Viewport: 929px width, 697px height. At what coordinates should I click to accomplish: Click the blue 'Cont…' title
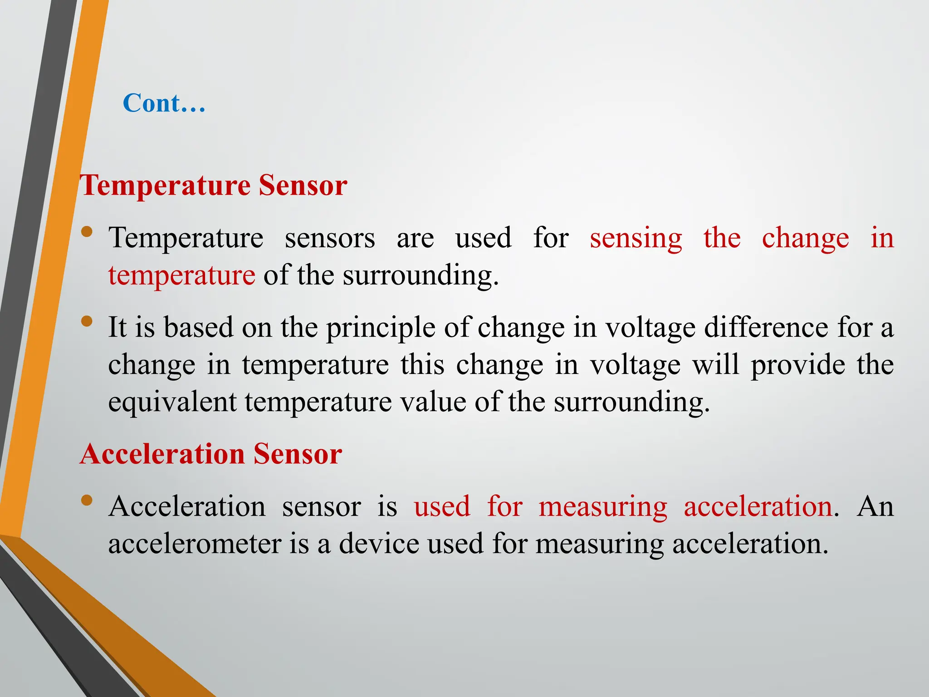(164, 103)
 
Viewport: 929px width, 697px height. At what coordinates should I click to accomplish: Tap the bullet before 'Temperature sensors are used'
(87, 232)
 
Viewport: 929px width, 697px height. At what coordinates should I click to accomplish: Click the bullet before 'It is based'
(87, 322)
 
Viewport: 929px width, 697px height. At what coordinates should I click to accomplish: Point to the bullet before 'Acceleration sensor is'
(87, 501)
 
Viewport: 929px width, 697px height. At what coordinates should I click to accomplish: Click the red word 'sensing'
(636, 239)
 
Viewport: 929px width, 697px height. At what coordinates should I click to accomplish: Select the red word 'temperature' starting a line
(181, 275)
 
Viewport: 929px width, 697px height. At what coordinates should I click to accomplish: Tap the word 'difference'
(766, 327)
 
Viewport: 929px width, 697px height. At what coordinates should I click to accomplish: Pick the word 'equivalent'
(172, 402)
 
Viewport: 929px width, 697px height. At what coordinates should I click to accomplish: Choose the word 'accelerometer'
(195, 544)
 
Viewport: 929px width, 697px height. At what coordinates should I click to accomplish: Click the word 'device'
(379, 544)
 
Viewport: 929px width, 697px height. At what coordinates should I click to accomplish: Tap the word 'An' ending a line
(875, 506)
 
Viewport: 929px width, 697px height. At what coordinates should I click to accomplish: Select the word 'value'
(433, 402)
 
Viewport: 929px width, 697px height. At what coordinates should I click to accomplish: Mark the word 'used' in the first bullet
(483, 238)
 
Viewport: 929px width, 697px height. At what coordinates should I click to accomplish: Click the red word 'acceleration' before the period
(758, 506)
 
